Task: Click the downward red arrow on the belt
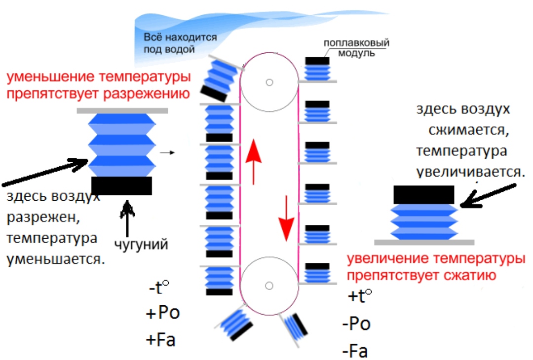[x=286, y=217]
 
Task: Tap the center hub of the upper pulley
[x=269, y=82]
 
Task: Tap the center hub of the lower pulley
[x=269, y=285]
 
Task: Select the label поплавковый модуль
[x=353, y=47]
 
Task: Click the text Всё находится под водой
[x=180, y=43]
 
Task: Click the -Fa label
[x=355, y=351]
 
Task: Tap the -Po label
[x=356, y=324]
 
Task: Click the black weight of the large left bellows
[x=121, y=185]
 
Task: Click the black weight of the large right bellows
[x=423, y=194]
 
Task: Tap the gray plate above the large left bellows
[x=122, y=110]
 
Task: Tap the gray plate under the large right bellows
[x=424, y=242]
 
